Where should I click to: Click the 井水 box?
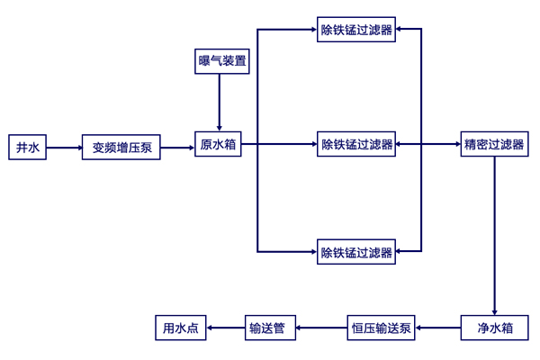tap(28, 147)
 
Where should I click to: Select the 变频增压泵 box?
tap(121, 147)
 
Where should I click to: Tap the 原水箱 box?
tap(218, 144)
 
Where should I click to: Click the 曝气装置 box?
tap(222, 61)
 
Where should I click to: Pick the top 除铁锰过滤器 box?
tap(356, 30)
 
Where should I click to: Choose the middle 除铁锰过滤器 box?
tap(356, 144)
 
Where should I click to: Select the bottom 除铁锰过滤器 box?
tap(356, 252)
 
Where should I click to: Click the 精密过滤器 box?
tap(493, 144)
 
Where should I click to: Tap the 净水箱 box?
tap(494, 328)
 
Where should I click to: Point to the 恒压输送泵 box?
tap(381, 328)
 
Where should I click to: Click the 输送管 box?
tap(271, 328)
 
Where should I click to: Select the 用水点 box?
tap(181, 328)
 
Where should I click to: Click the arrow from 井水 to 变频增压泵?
tap(64, 147)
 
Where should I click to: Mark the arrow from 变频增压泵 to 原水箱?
tap(177, 147)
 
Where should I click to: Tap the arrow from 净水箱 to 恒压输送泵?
tap(437, 328)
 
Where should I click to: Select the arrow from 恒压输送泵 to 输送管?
tap(322, 328)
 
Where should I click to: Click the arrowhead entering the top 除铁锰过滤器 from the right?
tap(400, 29)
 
